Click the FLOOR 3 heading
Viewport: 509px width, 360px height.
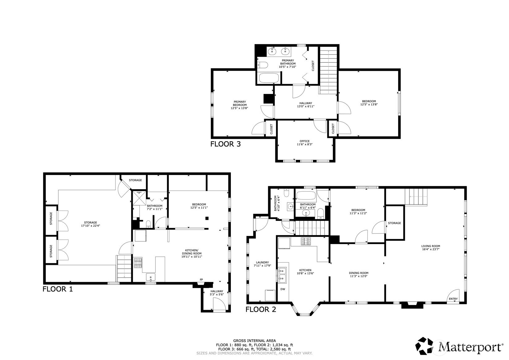(225, 144)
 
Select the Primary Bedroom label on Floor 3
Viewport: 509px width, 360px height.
(240, 105)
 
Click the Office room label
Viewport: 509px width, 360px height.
(304, 143)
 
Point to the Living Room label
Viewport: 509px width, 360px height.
(430, 247)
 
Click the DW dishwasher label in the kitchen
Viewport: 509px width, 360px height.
(282, 289)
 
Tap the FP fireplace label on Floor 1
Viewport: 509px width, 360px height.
(201, 280)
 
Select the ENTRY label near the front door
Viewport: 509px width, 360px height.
(453, 299)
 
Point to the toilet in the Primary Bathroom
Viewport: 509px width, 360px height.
(263, 65)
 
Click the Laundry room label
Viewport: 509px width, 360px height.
(262, 264)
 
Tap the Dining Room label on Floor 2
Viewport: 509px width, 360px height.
(358, 275)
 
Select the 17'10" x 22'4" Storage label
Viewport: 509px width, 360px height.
(90, 224)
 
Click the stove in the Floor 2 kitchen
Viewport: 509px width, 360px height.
(306, 241)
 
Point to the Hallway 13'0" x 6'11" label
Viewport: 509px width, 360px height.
(305, 105)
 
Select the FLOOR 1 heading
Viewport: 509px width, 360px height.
(57, 289)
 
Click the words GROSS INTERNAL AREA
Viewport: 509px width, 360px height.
(254, 341)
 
